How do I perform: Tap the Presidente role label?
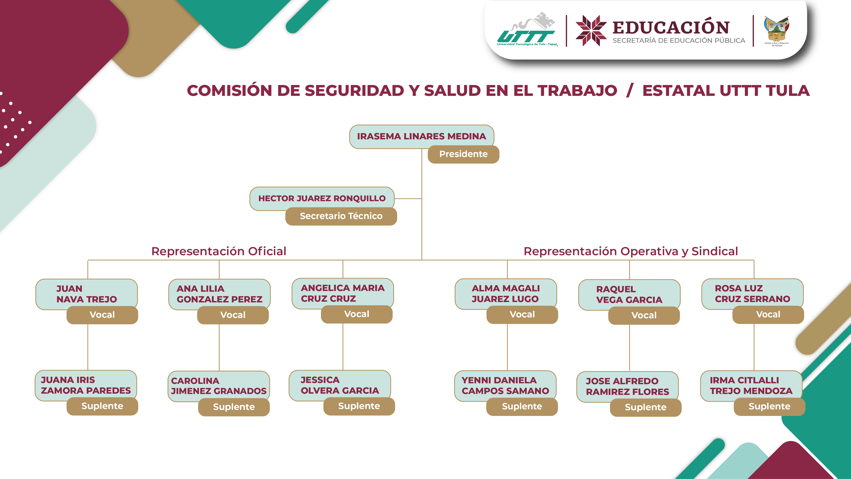pos(463,154)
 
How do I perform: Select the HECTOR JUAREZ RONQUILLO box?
pos(322,198)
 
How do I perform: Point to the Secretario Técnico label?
pos(341,216)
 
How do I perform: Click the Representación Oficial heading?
pos(219,251)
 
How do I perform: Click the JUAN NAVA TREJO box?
pos(87,294)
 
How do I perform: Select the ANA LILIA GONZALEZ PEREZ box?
pos(219,294)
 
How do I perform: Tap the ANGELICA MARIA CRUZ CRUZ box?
pos(343,293)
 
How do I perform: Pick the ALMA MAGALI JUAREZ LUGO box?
pos(505,293)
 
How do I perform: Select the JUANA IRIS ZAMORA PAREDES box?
pos(86,385)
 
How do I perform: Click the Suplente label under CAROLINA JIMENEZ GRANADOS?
pos(234,407)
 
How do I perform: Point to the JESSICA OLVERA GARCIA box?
pos(340,385)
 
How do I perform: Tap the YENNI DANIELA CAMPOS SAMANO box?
pos(505,385)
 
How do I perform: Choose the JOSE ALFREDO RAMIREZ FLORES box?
pos(627,387)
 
